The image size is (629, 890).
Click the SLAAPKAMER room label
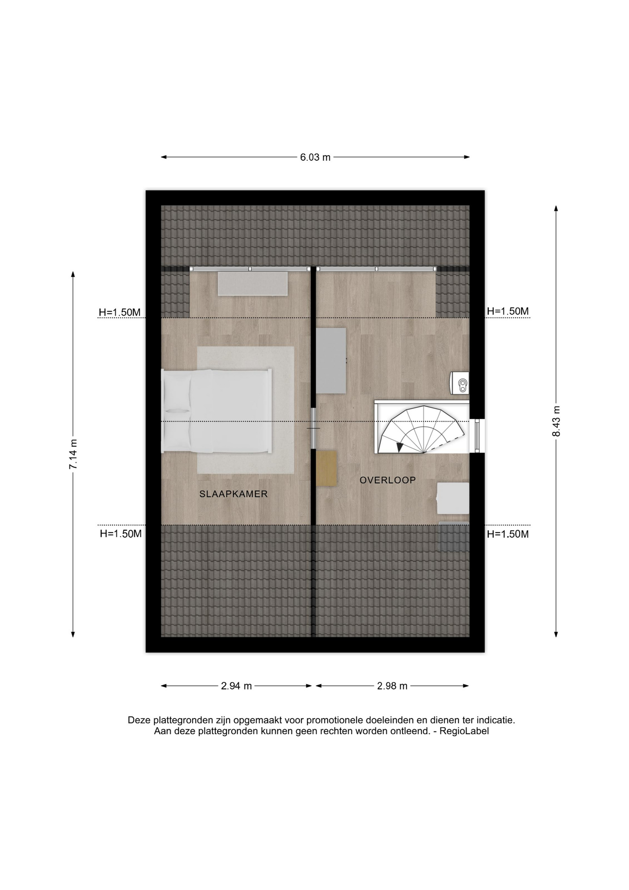click(233, 494)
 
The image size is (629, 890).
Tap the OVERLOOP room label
click(388, 480)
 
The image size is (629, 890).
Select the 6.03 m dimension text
click(315, 157)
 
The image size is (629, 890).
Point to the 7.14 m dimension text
click(73, 454)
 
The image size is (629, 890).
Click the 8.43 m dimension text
click(556, 421)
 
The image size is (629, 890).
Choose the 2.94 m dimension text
click(236, 686)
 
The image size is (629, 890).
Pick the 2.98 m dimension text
click(392, 686)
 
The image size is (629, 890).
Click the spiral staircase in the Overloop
click(421, 430)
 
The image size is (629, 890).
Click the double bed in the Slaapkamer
click(216, 411)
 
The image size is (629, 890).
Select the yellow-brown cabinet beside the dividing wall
click(327, 468)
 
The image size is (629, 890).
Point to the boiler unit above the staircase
click(459, 383)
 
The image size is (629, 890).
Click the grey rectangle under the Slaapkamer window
click(253, 284)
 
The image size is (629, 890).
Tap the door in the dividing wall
click(314, 428)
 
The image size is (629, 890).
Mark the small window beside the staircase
click(477, 435)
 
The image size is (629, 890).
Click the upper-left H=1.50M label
click(120, 312)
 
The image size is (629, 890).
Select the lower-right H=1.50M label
click(508, 534)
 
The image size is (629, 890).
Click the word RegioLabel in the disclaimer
click(464, 731)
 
